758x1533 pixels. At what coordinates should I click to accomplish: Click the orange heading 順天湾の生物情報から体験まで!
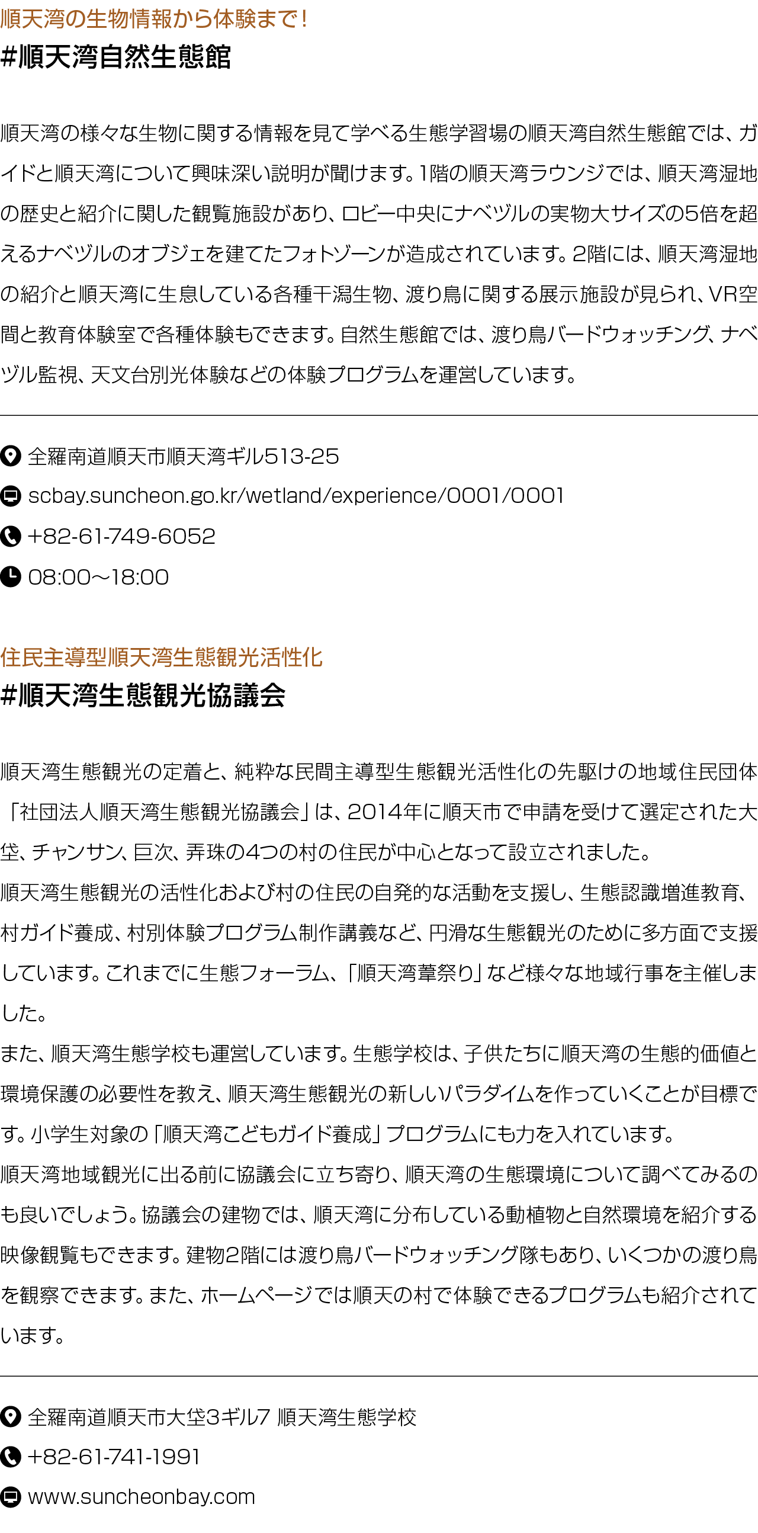tap(154, 19)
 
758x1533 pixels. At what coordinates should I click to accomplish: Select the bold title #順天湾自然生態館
tap(115, 57)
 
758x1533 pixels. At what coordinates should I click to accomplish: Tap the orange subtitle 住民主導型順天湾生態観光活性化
tap(161, 658)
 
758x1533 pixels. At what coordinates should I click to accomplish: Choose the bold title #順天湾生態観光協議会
tap(143, 695)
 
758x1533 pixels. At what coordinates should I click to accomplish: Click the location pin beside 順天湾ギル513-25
tap(11, 457)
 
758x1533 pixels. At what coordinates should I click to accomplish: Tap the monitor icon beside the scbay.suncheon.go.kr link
tap(11, 496)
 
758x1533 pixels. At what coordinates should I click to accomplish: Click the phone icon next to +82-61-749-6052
tap(11, 536)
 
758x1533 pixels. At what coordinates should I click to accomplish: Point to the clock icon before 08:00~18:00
tap(11, 577)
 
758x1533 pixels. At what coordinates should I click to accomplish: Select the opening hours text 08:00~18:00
tap(99, 578)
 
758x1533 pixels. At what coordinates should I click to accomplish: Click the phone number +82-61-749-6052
tap(121, 537)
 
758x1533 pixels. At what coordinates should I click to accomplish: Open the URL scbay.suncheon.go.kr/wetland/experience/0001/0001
tap(296, 496)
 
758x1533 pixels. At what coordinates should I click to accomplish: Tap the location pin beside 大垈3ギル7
tap(11, 1417)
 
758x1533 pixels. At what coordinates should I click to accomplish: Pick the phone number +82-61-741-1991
tap(114, 1457)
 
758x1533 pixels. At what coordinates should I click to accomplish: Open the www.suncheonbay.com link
tap(142, 1497)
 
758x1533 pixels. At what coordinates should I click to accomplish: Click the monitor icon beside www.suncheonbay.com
tap(11, 1497)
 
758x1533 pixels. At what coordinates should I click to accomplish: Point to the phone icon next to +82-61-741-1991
tap(11, 1457)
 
